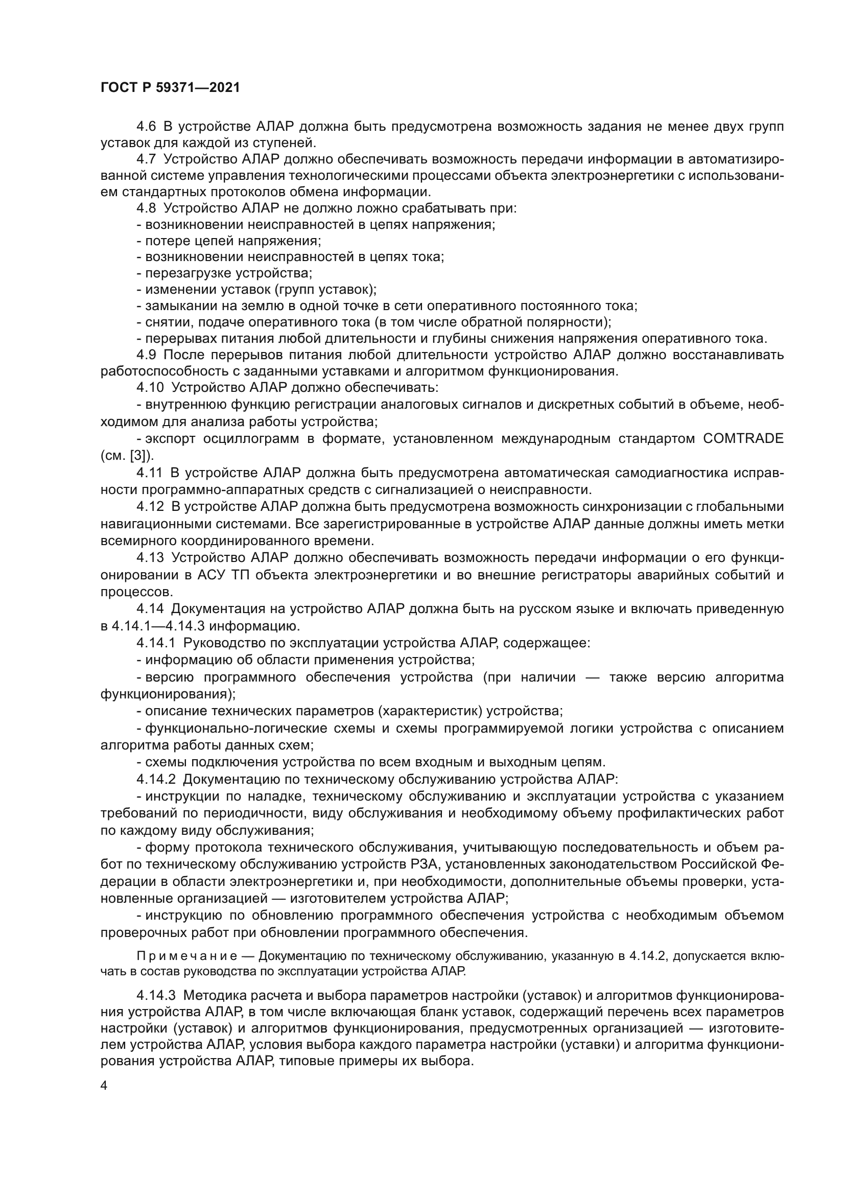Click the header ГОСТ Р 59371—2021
pos(170,87)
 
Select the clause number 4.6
pos(146,127)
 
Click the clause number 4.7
pos(146,159)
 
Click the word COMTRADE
pos(743,438)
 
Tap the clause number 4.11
pos(150,473)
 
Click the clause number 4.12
pos(150,506)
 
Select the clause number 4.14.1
pos(156,643)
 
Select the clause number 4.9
pos(146,355)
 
